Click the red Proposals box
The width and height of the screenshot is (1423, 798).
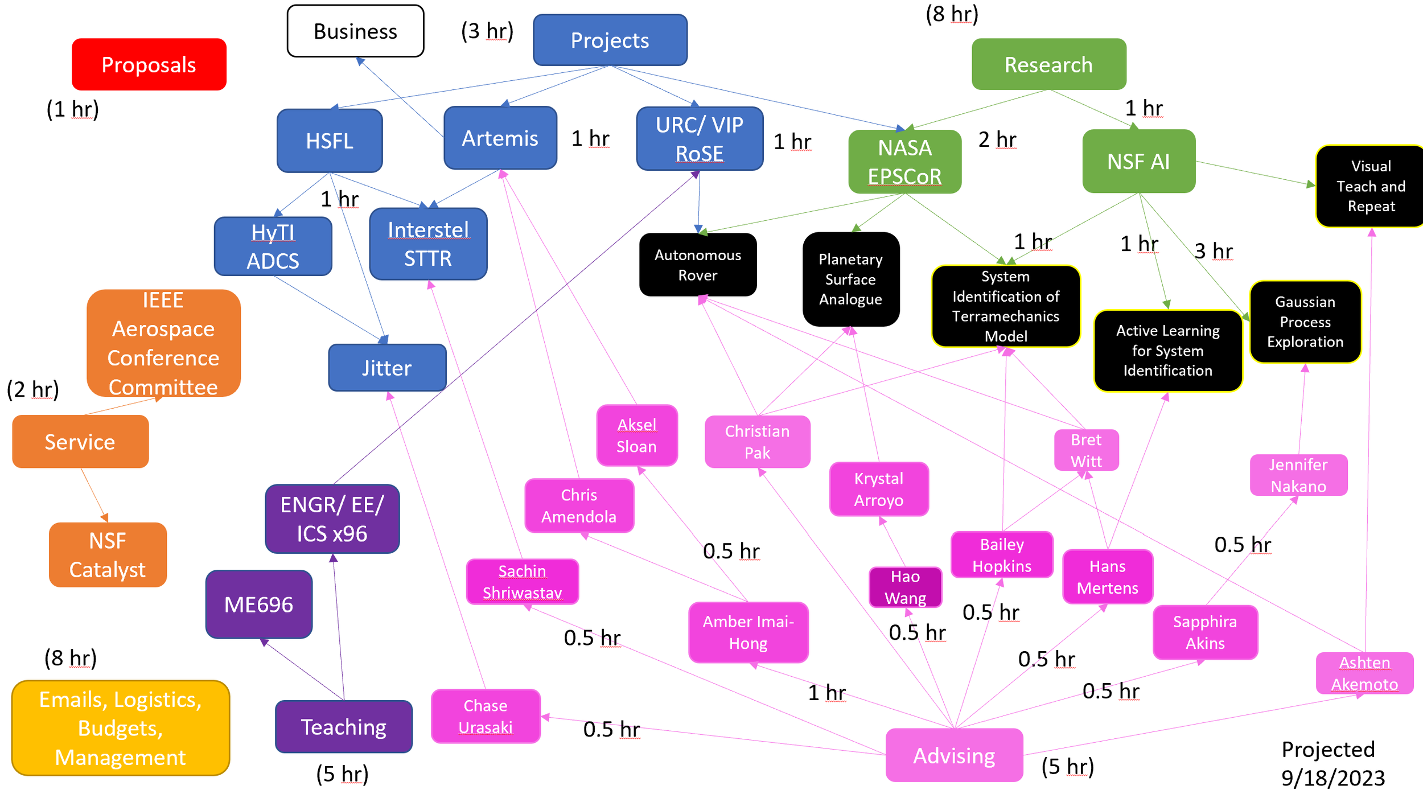point(149,64)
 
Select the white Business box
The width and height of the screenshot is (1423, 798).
point(356,31)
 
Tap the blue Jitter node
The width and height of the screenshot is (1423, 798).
point(387,368)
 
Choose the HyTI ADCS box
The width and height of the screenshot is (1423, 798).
point(273,246)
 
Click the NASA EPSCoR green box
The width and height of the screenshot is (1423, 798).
point(905,162)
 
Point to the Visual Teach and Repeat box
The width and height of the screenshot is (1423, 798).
point(1371,186)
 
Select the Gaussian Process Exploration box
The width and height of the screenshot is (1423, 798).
point(1305,322)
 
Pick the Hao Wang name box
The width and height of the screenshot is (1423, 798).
point(906,587)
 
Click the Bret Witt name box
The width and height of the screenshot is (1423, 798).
point(1087,450)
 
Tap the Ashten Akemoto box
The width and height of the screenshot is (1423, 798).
point(1365,673)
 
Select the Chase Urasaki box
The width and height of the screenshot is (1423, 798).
point(486,716)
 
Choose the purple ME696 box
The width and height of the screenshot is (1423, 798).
point(259,604)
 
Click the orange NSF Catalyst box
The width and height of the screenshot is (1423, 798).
point(108,555)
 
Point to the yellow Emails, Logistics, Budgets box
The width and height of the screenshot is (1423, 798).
point(121,728)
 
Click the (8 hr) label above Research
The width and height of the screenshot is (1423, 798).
point(952,14)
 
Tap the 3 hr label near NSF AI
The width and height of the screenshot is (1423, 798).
point(1214,251)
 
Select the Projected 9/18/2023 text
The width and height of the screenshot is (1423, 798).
point(1333,763)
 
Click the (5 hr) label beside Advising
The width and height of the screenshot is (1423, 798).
point(1068,767)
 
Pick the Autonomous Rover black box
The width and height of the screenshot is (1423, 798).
point(698,265)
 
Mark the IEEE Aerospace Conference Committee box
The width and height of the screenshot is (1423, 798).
point(163,343)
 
